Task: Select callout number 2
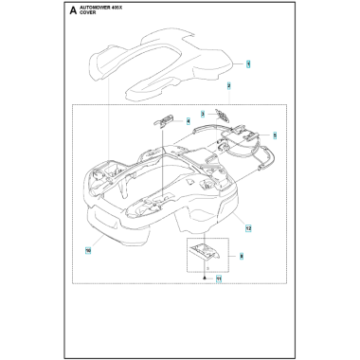tap(229, 85)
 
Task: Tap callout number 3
tap(201, 113)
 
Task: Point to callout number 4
tap(189, 120)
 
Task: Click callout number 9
tap(243, 256)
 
